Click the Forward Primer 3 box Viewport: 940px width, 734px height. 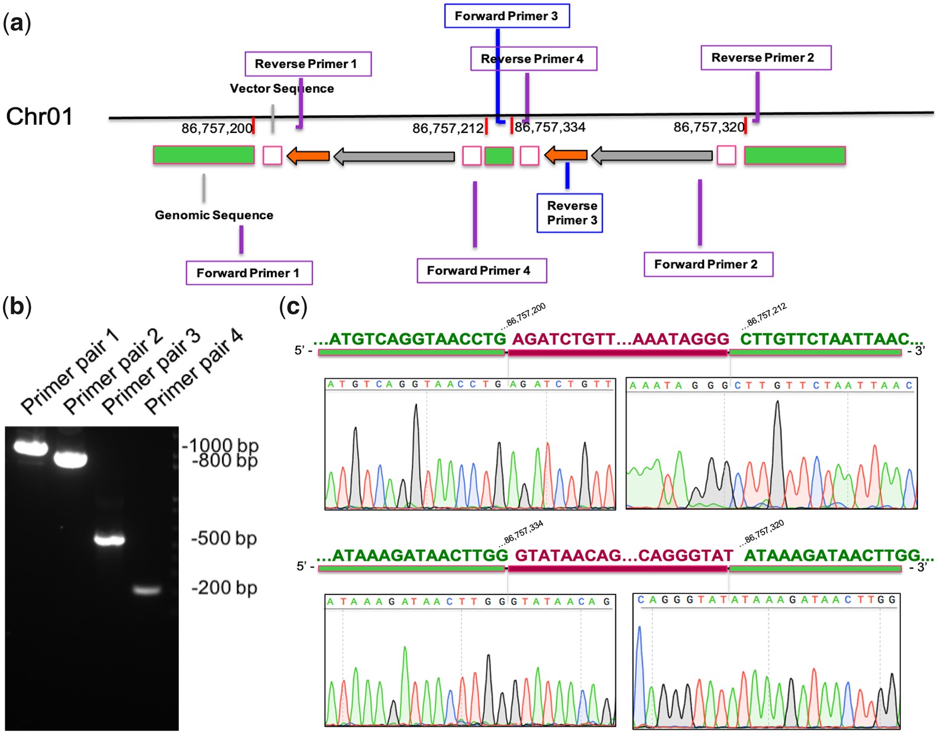[506, 16]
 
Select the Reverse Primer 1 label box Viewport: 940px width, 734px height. [308, 64]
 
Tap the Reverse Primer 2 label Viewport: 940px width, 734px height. [765, 58]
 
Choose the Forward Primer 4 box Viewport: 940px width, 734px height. [481, 271]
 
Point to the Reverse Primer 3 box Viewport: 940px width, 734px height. [569, 213]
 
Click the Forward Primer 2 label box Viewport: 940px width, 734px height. [708, 264]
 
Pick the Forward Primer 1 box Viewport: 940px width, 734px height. [249, 273]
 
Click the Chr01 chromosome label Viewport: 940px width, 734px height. [39, 116]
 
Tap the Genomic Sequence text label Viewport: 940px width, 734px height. [214, 215]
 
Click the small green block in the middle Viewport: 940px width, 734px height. [499, 155]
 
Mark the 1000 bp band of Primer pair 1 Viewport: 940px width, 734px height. [30, 448]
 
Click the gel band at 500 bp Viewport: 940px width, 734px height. [109, 539]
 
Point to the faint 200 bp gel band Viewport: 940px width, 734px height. [146, 590]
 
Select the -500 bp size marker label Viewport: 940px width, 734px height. [224, 538]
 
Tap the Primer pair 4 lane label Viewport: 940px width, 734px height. [193, 371]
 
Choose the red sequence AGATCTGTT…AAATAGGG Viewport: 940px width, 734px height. [621, 339]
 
